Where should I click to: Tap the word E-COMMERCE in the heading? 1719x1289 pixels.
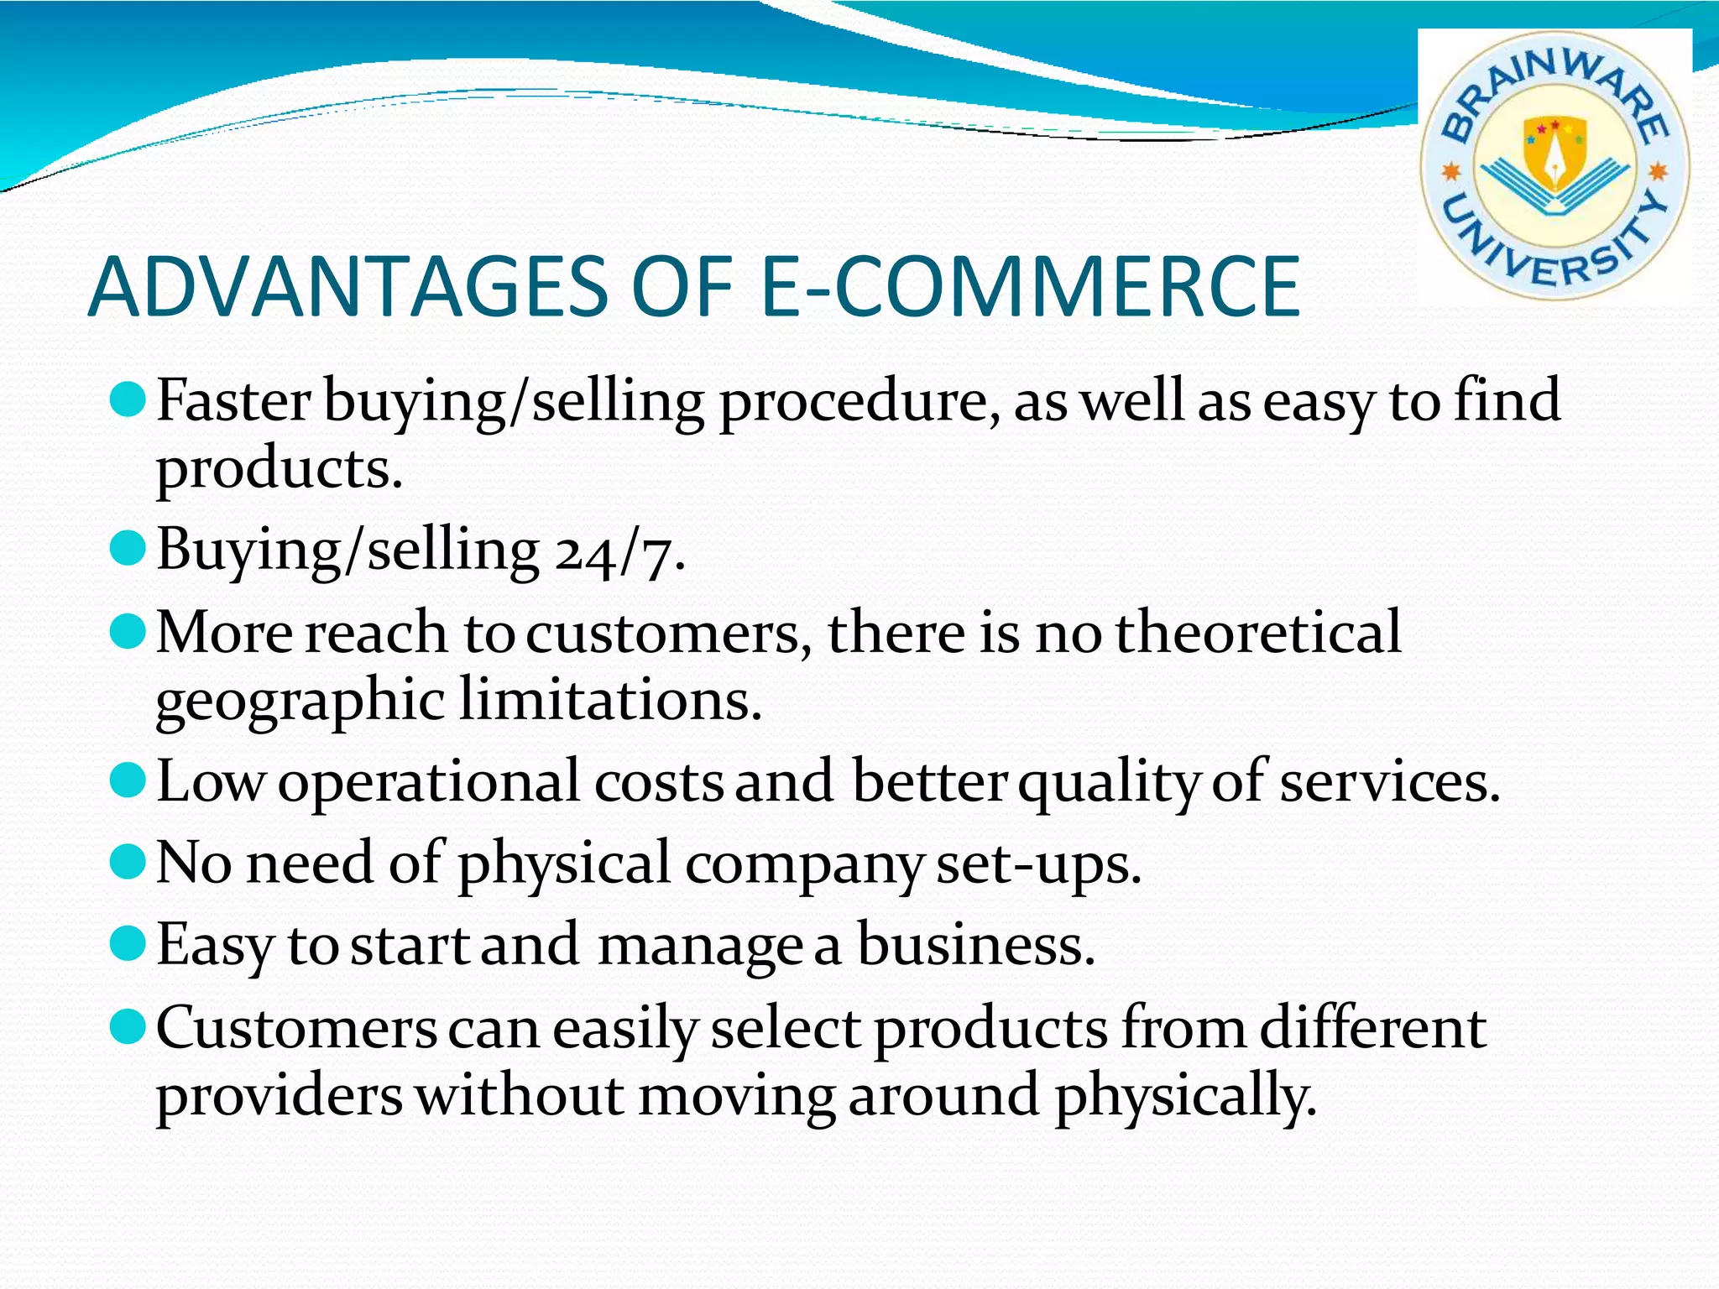1029,288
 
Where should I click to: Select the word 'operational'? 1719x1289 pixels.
429,781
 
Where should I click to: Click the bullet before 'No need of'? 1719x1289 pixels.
128,861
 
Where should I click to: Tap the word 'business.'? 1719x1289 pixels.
975,945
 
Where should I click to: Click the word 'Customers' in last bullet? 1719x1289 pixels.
296,1028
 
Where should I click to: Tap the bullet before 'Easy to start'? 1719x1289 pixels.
128,942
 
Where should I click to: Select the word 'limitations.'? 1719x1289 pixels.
610,700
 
